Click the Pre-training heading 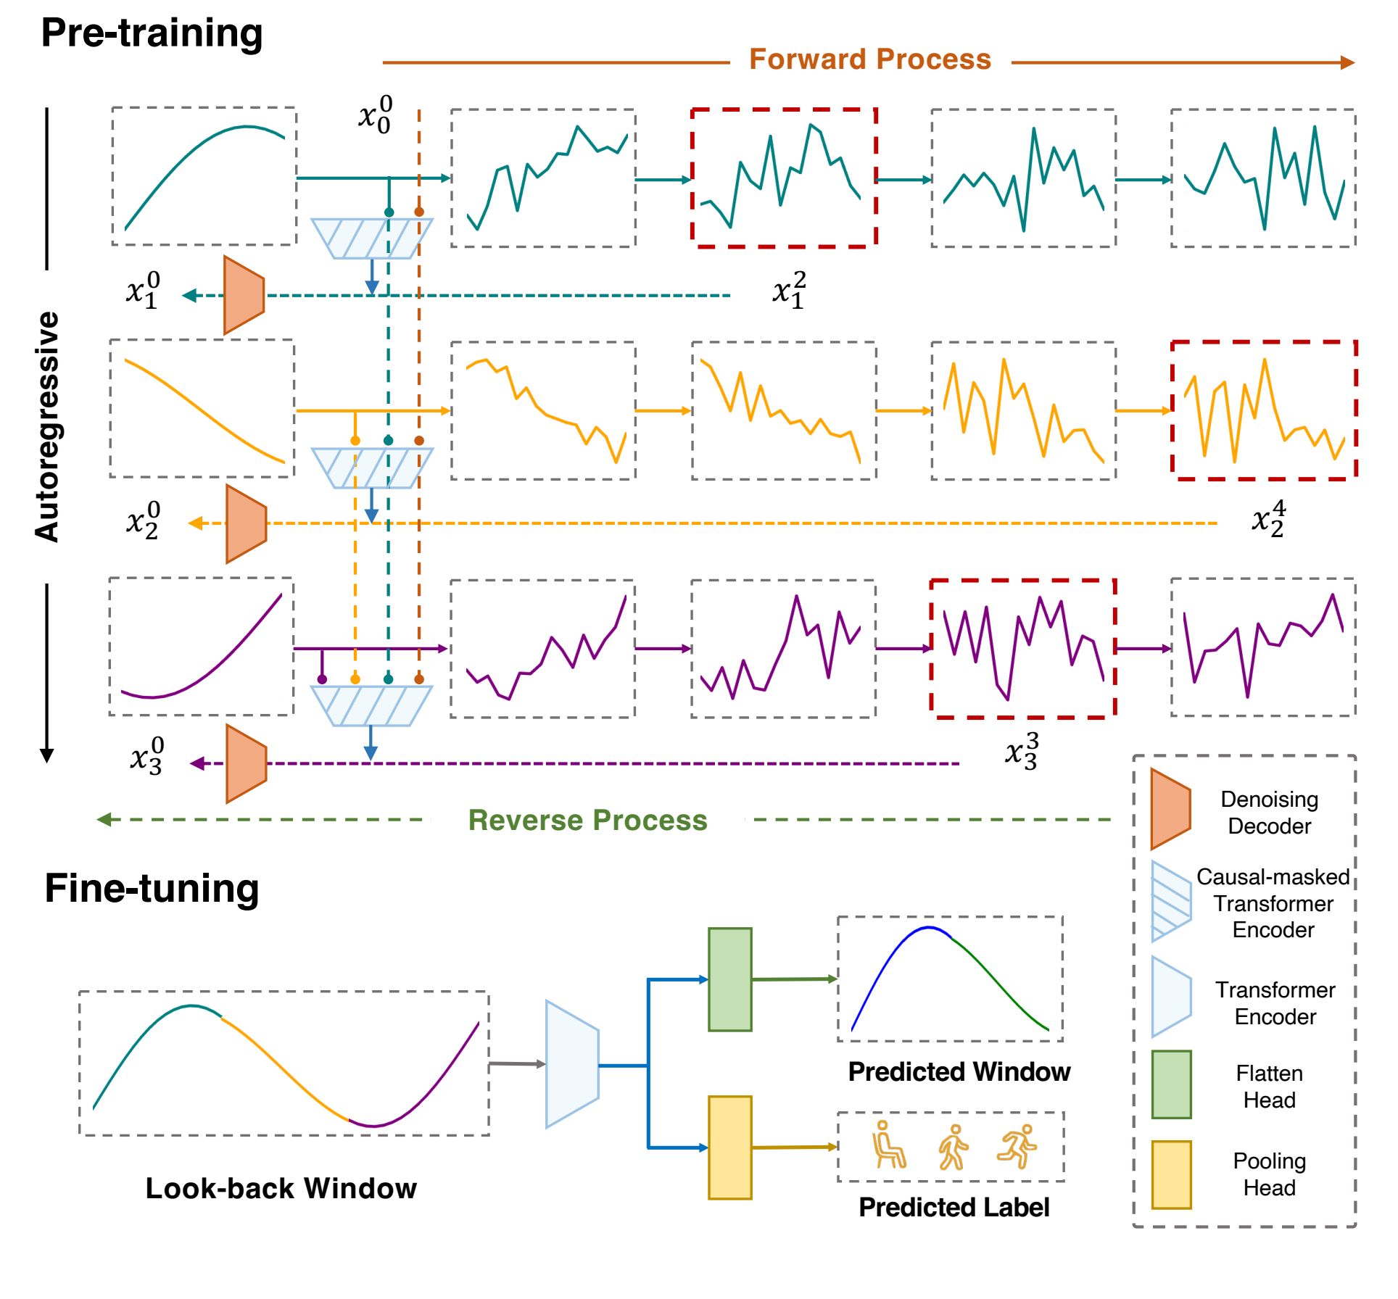(152, 33)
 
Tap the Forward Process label (869, 59)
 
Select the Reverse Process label (587, 820)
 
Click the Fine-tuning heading (152, 888)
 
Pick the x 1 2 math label (789, 290)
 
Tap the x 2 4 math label (1268, 518)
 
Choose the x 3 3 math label (1022, 751)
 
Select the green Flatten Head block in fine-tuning (729, 979)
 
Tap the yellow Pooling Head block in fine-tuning (729, 1147)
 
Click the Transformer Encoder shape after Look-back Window (572, 1064)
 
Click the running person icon (1017, 1146)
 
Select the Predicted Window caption (959, 1071)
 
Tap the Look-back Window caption (281, 1188)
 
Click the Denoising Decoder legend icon (1170, 809)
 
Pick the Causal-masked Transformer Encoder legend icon (1171, 901)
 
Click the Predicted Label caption (954, 1207)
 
